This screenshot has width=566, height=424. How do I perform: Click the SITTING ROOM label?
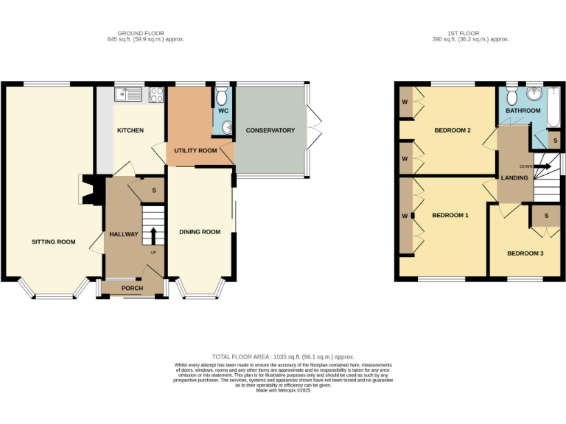[53, 241]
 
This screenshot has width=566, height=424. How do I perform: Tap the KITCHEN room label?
[130, 130]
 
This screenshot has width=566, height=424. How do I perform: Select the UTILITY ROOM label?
[195, 150]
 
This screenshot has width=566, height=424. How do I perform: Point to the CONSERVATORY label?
[270, 130]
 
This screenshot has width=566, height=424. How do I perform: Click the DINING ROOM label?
[200, 232]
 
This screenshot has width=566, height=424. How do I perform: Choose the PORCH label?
[132, 288]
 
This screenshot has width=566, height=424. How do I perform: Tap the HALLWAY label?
[124, 234]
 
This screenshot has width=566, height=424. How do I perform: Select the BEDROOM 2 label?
[453, 131]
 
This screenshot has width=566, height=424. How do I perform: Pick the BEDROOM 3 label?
[525, 253]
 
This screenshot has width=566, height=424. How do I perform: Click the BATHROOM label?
[523, 110]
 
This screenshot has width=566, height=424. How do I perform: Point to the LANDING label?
[514, 177]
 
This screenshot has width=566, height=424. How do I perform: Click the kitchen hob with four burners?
[156, 93]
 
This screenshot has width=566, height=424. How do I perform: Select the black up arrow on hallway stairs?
[153, 236]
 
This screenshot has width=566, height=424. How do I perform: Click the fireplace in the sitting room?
[86, 188]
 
